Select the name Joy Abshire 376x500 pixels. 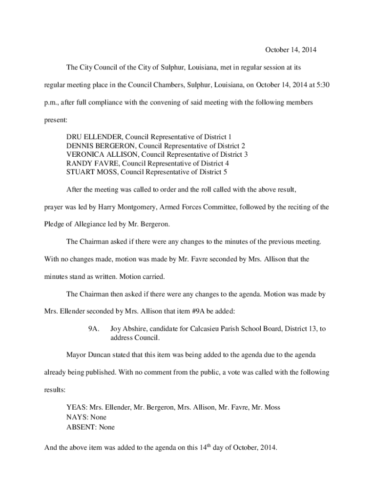[x=127, y=329]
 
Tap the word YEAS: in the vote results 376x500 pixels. [x=76, y=407]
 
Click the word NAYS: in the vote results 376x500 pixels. [x=77, y=417]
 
